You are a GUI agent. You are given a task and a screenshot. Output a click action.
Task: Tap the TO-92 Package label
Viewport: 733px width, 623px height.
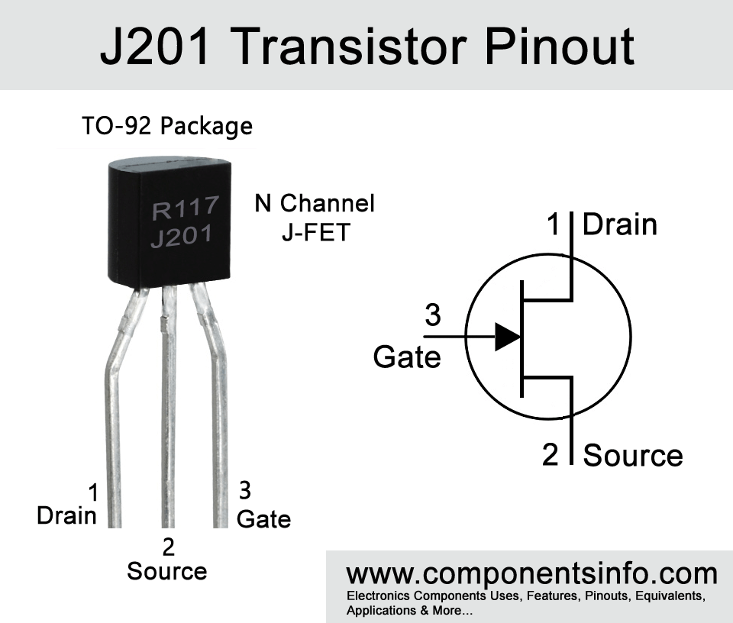(167, 125)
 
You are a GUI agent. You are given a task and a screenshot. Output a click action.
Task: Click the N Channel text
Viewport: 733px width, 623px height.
(315, 204)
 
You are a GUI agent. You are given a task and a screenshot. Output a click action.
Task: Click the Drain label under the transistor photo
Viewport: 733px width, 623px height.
(67, 516)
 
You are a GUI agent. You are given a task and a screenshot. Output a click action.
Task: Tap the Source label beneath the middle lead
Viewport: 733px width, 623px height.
(167, 571)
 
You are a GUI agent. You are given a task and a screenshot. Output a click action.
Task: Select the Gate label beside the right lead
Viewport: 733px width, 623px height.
(263, 519)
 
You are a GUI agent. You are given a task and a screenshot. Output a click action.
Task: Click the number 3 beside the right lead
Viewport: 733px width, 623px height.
(246, 489)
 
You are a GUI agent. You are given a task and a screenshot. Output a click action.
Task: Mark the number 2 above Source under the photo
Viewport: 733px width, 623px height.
(169, 547)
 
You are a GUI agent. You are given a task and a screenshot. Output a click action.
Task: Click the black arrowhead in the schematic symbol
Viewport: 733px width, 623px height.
(507, 336)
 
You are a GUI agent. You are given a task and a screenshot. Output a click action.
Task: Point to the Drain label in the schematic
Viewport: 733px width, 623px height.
(620, 224)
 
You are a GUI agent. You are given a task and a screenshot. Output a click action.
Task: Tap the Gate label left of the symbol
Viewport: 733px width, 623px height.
(407, 357)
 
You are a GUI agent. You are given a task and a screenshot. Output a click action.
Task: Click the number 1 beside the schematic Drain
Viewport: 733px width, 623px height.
(554, 224)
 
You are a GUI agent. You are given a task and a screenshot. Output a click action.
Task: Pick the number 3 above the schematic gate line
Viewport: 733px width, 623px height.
(433, 315)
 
